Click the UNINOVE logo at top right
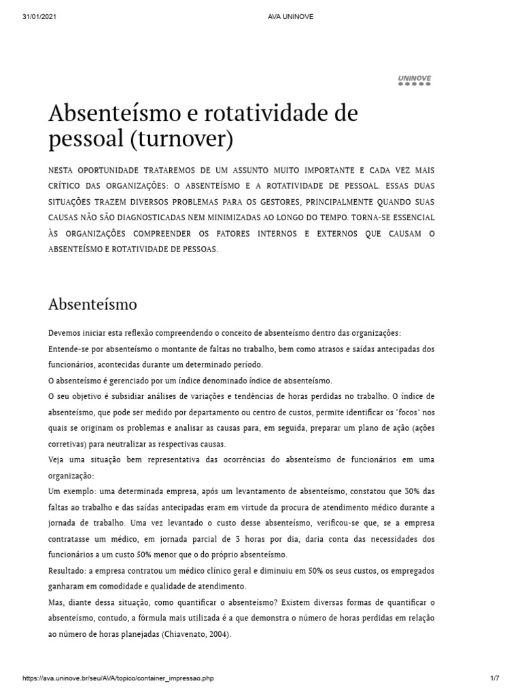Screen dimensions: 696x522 click(414, 80)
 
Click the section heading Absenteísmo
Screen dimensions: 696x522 click(93, 303)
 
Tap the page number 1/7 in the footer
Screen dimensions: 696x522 click(495, 678)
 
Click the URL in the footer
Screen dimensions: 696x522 click(122, 678)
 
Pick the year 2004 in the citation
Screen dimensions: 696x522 click(217, 634)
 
